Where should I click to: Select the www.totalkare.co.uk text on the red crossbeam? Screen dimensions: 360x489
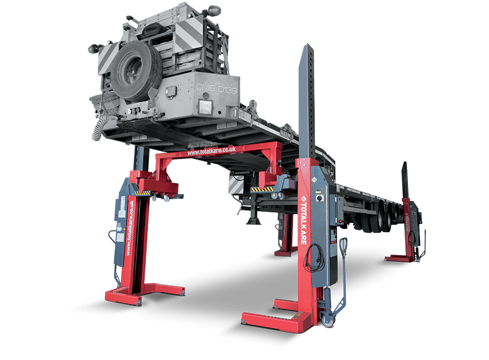pos(212,151)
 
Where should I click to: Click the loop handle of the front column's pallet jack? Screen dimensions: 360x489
pos(343,244)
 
